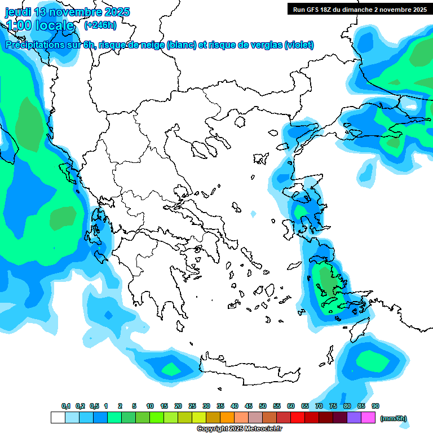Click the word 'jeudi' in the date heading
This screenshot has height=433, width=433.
tap(18, 12)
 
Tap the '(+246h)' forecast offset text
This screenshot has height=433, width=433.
tap(100, 25)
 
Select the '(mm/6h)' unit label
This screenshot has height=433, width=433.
tap(394, 418)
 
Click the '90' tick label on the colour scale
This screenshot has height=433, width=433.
tap(375, 406)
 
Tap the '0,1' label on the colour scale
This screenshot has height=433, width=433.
tap(66, 406)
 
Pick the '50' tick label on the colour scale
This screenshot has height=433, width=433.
tap(263, 406)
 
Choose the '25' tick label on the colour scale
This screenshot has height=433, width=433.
tap(192, 406)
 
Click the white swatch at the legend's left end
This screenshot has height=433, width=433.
tap(58, 418)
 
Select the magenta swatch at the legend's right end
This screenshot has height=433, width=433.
tap(368, 418)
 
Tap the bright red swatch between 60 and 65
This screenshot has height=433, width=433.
tap(298, 418)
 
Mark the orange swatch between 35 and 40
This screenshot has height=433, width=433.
tap(227, 418)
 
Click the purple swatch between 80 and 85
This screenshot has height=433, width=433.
tap(354, 418)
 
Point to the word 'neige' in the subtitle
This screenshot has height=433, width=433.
tap(151, 45)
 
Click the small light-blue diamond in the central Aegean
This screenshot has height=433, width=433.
tap(253, 214)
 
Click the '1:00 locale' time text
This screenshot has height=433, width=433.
tap(41, 25)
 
